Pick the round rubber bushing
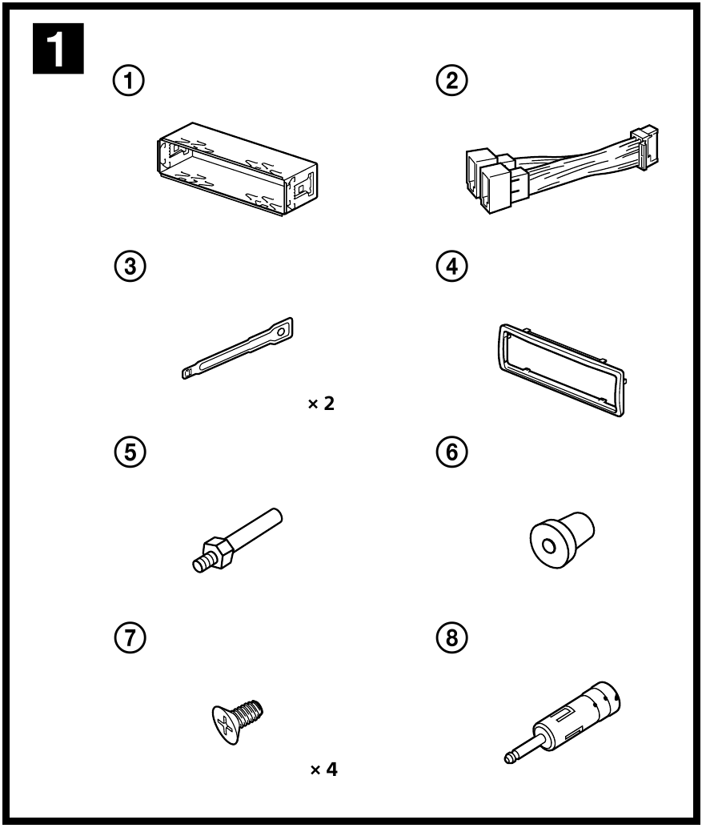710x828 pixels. pos(561,541)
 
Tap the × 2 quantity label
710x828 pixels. pos(323,404)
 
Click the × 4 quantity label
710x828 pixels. pos(323,771)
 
